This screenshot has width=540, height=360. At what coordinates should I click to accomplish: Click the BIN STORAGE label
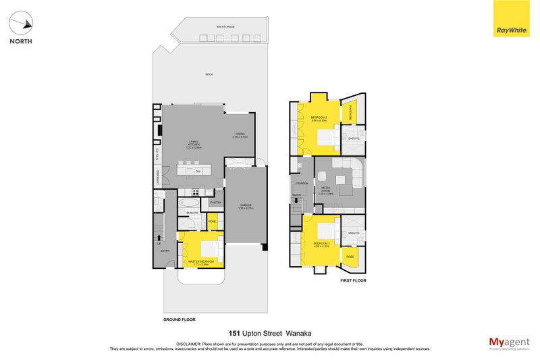click(225, 26)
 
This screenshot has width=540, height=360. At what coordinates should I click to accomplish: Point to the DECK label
click(209, 74)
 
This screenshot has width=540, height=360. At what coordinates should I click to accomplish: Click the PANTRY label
click(216, 202)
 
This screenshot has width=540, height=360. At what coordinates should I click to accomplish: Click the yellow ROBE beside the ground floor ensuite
click(212, 221)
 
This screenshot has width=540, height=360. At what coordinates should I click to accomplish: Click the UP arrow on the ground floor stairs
click(160, 236)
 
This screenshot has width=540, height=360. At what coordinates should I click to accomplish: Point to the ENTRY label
click(165, 251)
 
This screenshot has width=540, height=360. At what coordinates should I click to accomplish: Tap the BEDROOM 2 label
click(319, 118)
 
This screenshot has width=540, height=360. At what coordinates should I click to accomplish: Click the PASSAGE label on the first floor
click(301, 183)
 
